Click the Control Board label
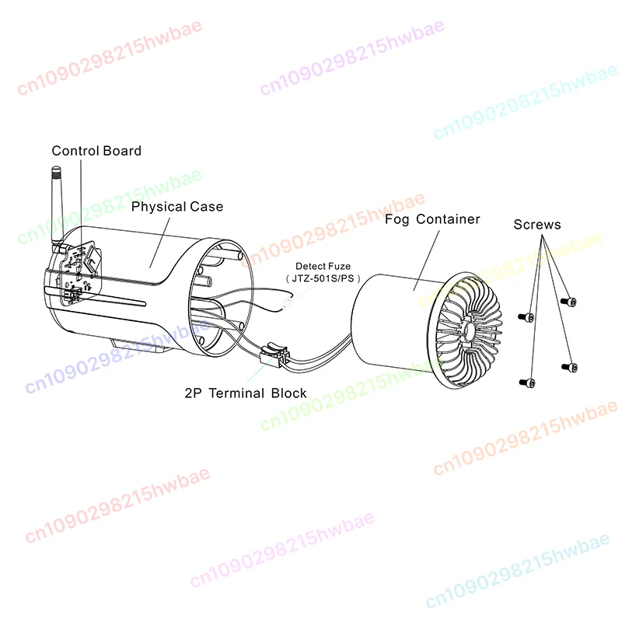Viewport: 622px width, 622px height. click(96, 151)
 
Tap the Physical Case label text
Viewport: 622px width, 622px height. click(177, 207)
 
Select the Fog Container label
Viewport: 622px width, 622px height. click(432, 219)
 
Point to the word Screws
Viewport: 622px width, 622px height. click(537, 225)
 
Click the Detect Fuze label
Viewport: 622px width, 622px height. click(323, 266)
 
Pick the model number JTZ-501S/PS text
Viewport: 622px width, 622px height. click(323, 278)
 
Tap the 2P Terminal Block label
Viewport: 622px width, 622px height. click(246, 393)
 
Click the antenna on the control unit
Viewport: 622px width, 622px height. click(58, 206)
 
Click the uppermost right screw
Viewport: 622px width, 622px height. click(568, 302)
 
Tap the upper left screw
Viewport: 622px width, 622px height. click(526, 317)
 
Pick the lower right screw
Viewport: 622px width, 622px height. click(570, 367)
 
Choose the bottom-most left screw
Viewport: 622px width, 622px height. click(527, 383)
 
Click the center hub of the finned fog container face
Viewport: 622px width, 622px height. click(468, 329)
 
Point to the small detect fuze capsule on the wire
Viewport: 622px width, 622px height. click(287, 303)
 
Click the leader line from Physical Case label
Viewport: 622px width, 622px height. click(160, 243)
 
